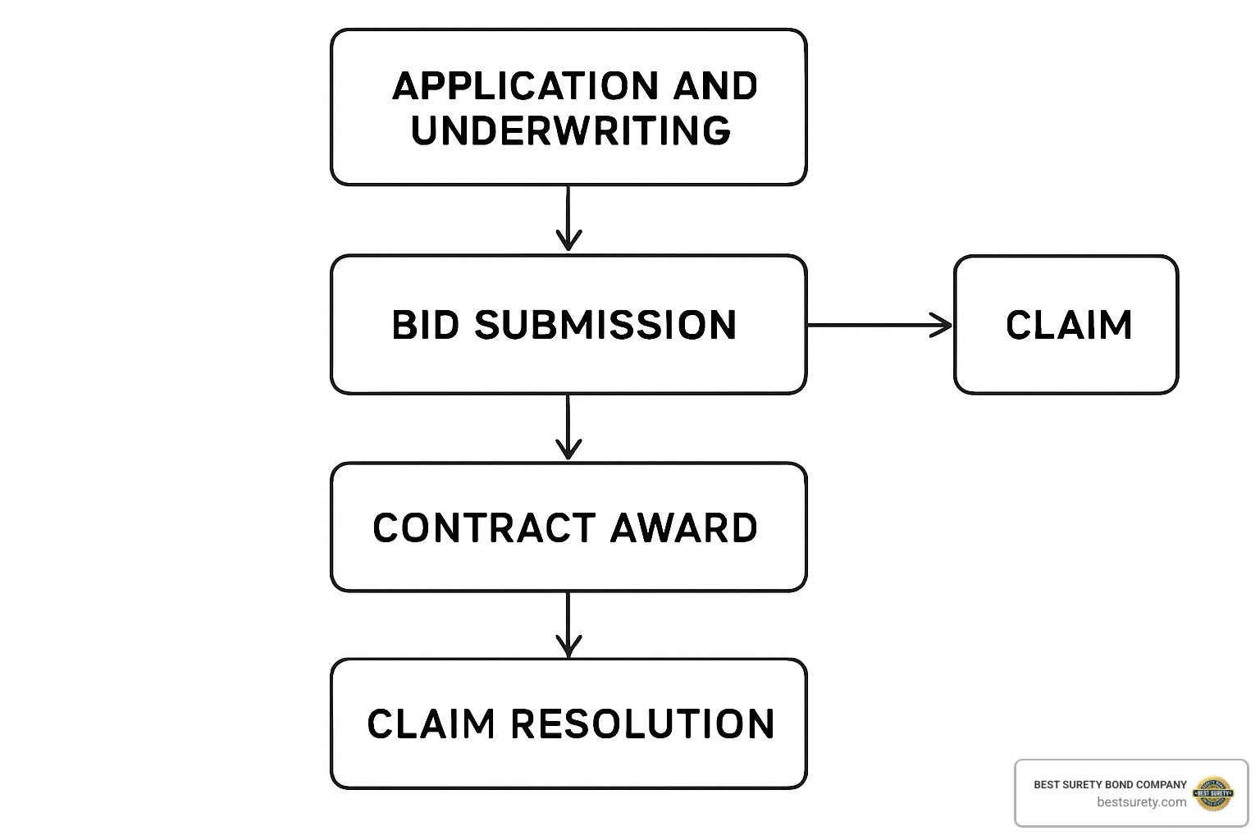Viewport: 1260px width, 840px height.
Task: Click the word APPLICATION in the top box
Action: [x=525, y=86]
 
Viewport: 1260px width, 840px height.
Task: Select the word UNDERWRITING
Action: [x=571, y=131]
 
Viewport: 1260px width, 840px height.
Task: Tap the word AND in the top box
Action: [x=715, y=86]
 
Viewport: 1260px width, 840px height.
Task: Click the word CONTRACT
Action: [x=484, y=527]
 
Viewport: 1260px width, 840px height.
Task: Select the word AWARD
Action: [x=683, y=527]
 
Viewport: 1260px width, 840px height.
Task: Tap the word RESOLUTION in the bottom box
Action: [x=642, y=724]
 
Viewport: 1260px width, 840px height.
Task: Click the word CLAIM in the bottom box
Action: [x=431, y=724]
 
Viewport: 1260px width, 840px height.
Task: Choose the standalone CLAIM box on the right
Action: [x=1066, y=325]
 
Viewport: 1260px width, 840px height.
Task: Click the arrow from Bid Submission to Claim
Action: [x=878, y=325]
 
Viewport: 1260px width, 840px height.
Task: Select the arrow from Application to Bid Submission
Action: [x=568, y=217]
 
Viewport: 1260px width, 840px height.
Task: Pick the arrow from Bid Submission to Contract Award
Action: [x=568, y=427]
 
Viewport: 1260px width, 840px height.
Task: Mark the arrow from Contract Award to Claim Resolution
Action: [x=568, y=623]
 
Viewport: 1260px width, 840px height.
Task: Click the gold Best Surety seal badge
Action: [x=1213, y=793]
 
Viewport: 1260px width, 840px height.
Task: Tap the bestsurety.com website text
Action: [x=1141, y=802]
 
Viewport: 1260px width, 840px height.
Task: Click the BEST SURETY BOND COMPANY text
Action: [x=1110, y=784]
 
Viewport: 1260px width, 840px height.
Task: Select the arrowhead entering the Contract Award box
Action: [x=568, y=450]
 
